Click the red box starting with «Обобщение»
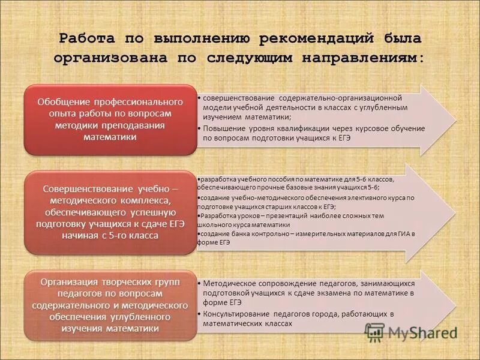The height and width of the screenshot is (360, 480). click(x=110, y=120)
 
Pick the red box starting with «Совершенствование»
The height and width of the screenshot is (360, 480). click(x=110, y=212)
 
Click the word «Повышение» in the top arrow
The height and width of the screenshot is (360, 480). click(x=223, y=128)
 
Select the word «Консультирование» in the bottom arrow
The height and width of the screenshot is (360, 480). click(x=235, y=314)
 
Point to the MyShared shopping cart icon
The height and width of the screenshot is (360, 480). click(x=375, y=332)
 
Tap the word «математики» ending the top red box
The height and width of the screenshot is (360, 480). click(x=110, y=137)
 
